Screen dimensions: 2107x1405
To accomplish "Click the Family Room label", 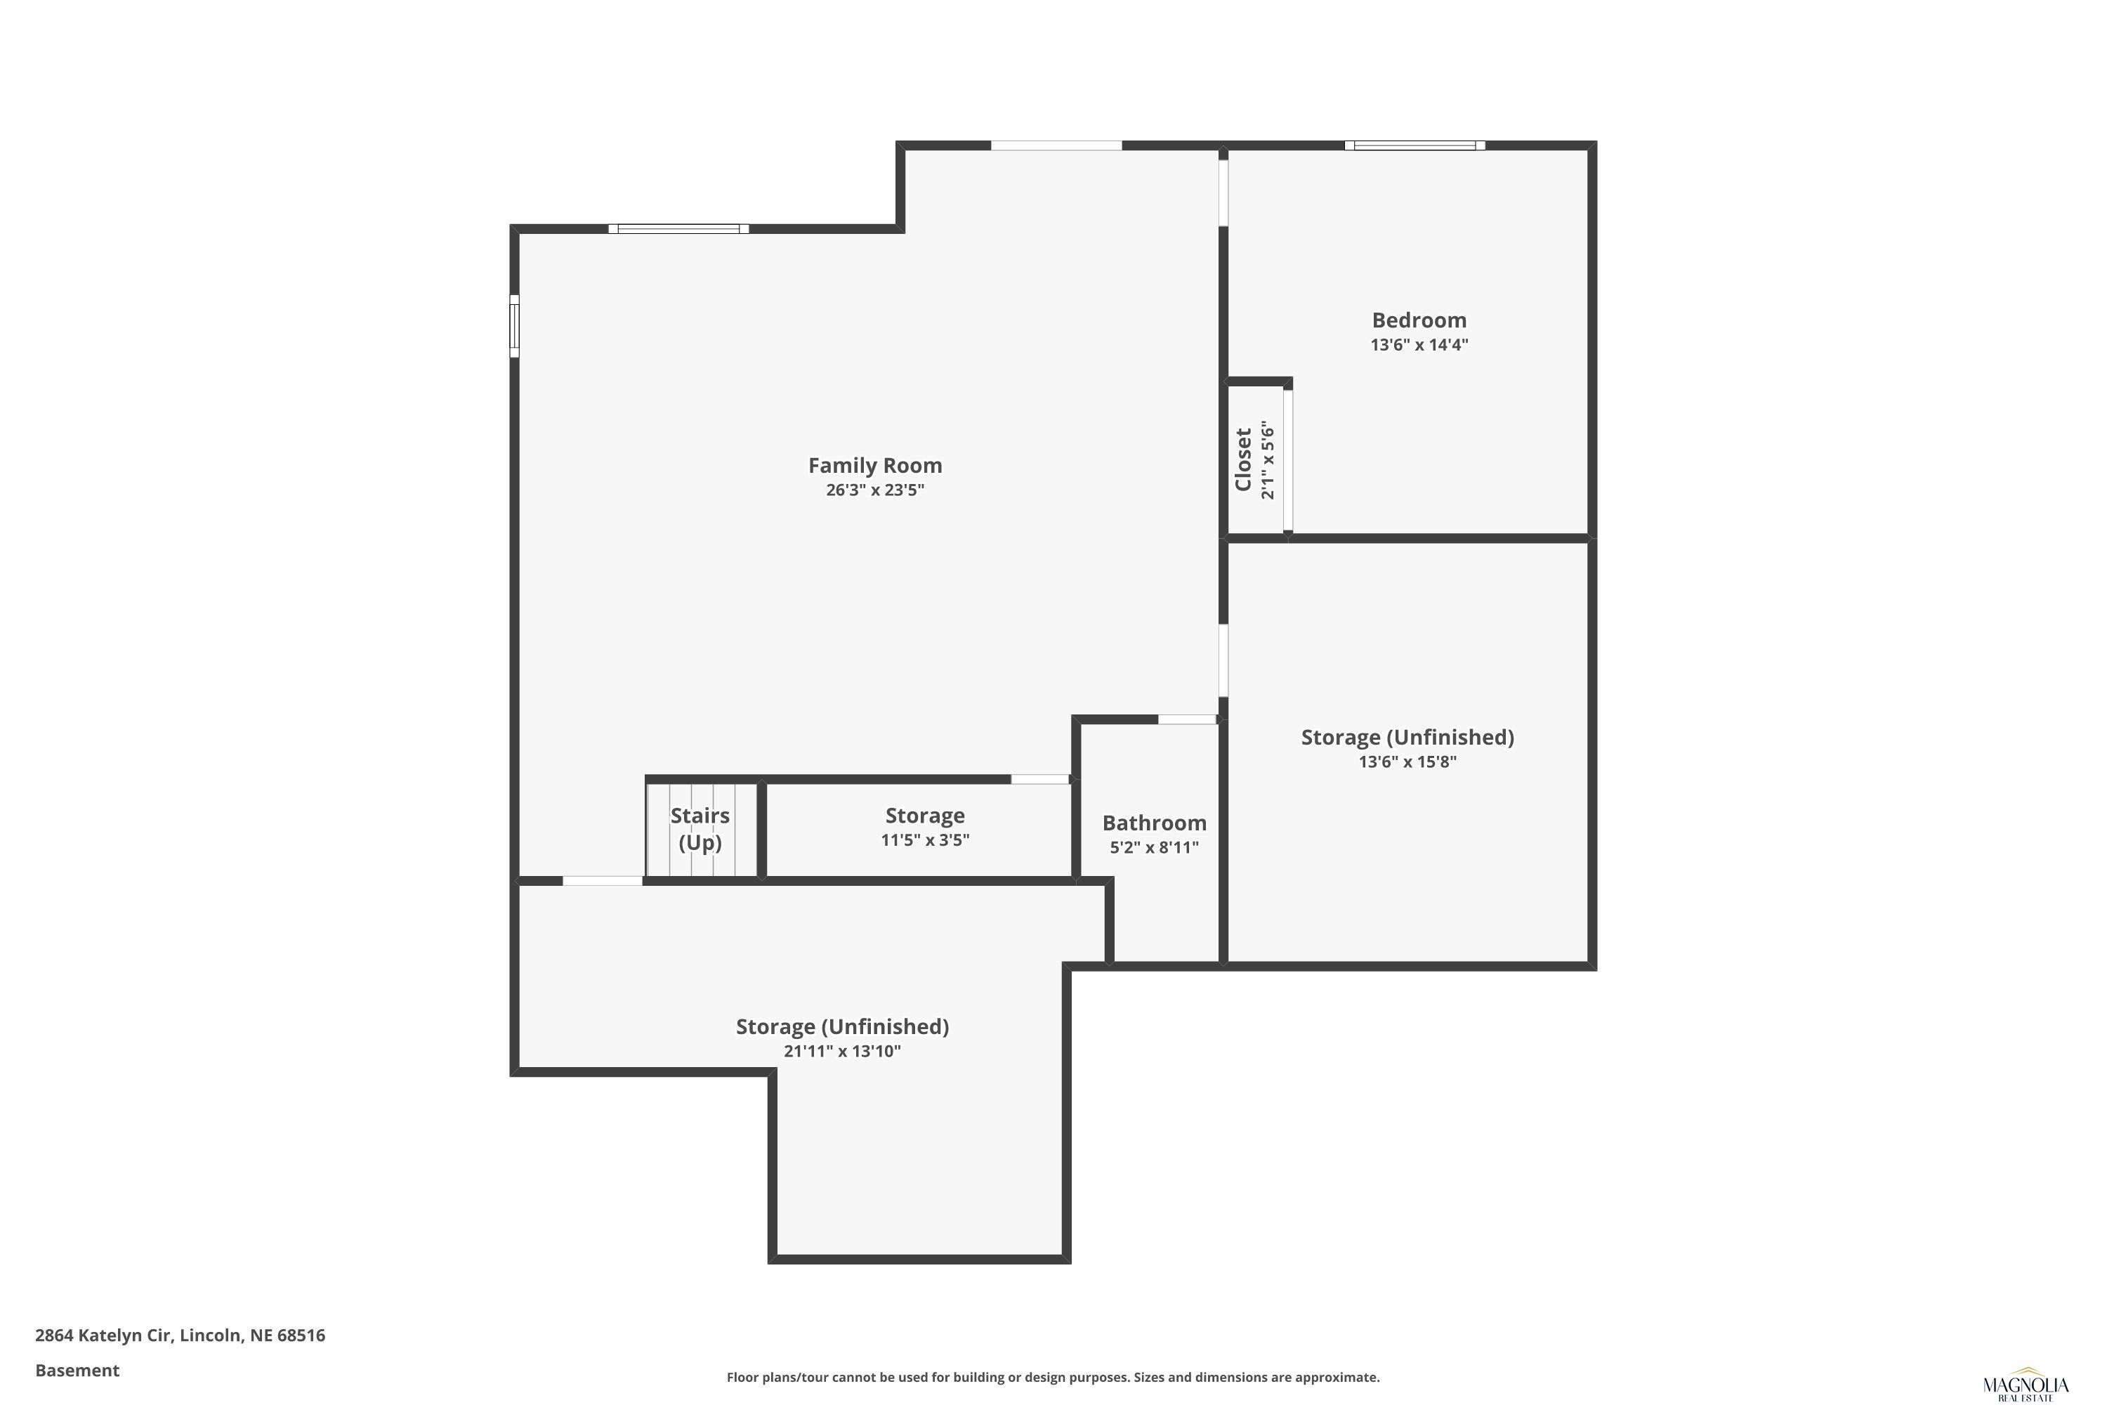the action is click(x=874, y=465).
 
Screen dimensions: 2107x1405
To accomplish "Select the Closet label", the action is click(x=1242, y=459).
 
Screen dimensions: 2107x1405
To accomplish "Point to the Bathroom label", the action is click(x=1154, y=823).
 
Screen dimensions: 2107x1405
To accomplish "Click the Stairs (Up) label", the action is click(x=700, y=829).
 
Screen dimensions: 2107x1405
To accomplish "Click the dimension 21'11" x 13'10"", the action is click(x=842, y=1051).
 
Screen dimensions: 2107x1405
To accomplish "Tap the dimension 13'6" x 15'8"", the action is click(x=1407, y=762).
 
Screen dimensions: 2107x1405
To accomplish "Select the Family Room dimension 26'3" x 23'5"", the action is click(x=874, y=490).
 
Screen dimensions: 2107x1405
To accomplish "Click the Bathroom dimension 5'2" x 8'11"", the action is click(x=1154, y=848).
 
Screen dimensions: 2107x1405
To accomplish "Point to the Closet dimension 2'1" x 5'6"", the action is click(x=1267, y=459).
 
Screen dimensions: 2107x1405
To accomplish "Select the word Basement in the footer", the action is click(x=77, y=1370).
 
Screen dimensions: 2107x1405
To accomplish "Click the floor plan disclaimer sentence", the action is click(x=1053, y=1377).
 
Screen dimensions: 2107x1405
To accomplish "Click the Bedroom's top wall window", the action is click(x=1414, y=145).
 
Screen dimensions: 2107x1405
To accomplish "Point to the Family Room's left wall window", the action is click(x=514, y=326).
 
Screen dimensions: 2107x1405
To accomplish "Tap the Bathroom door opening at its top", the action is click(x=1187, y=719).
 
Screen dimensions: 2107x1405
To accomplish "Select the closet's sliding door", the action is click(x=1288, y=459).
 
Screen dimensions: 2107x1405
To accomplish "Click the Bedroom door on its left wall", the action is click(x=1223, y=192).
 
